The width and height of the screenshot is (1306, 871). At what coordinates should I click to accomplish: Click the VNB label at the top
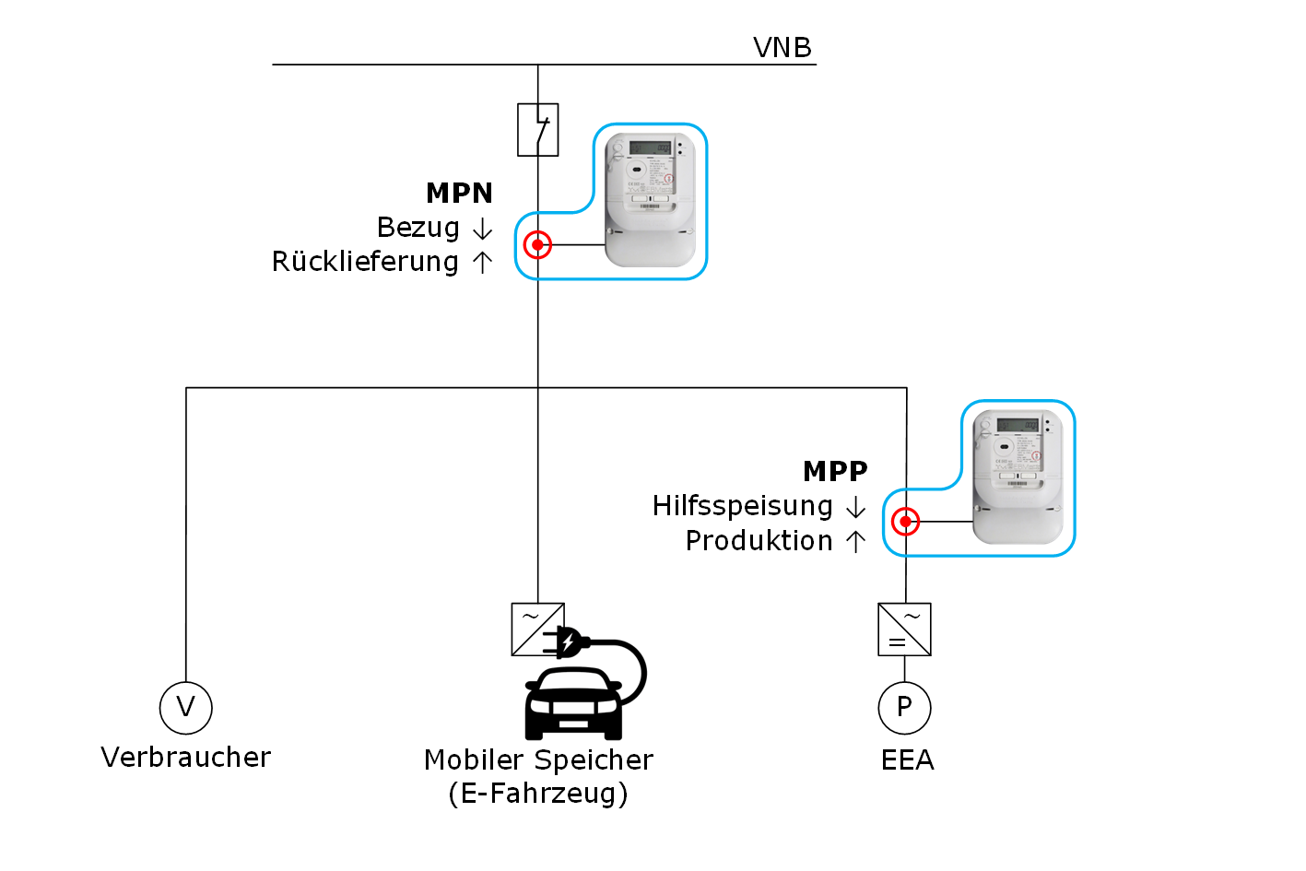[782, 47]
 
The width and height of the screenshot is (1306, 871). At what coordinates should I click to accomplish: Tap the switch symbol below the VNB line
[537, 129]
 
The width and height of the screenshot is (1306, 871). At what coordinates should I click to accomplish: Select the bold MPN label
[459, 193]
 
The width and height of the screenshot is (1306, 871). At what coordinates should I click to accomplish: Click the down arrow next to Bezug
[482, 229]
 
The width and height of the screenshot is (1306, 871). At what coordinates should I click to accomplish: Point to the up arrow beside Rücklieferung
[482, 263]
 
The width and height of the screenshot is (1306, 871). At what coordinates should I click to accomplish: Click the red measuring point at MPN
[537, 245]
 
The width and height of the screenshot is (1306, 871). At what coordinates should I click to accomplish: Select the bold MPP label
[835, 471]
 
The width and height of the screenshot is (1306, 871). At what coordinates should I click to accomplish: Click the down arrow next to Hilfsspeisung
[855, 507]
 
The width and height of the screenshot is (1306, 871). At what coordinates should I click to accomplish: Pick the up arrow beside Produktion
[855, 541]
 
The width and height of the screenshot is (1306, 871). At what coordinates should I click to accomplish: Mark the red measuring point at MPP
[905, 522]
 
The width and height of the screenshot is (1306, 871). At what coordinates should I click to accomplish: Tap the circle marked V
[186, 708]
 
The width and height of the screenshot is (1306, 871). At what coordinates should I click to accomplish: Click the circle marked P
[904, 708]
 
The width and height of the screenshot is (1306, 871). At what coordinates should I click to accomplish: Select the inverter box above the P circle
[904, 630]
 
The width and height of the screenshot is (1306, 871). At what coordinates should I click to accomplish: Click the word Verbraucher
[185, 758]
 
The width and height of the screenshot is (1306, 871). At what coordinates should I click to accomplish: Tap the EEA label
[907, 760]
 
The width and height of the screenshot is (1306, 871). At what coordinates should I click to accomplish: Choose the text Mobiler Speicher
[538, 760]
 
